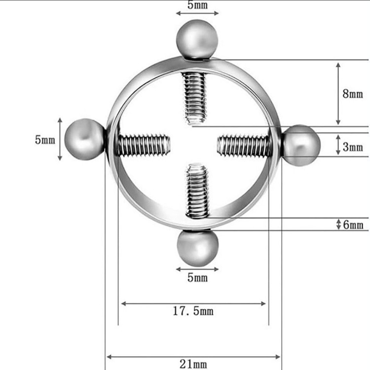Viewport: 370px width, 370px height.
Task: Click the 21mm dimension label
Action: [193, 364]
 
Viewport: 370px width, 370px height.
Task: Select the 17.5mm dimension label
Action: [193, 311]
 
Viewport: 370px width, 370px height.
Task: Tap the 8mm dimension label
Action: [353, 94]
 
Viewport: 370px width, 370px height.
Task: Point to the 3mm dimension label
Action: [353, 147]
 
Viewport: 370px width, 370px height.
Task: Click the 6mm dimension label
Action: [353, 224]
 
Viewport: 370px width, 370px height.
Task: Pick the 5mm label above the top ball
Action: [198, 5]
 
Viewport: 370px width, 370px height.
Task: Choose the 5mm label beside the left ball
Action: [45, 140]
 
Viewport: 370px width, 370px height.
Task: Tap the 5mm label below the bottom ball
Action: [198, 277]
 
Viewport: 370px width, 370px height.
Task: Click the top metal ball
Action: [197, 39]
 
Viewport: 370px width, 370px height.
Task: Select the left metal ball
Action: [84, 139]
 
